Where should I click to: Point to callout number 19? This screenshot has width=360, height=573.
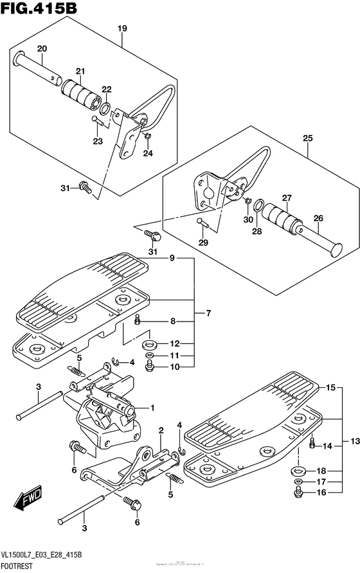click(x=122, y=28)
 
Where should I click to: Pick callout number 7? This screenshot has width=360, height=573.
click(x=208, y=313)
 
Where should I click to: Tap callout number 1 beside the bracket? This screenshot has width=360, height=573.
click(x=152, y=407)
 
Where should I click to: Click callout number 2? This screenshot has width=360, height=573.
click(x=161, y=430)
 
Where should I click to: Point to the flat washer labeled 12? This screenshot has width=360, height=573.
click(x=150, y=343)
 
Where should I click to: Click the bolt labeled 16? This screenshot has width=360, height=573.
click(x=298, y=493)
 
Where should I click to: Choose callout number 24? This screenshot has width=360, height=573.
click(x=148, y=153)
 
